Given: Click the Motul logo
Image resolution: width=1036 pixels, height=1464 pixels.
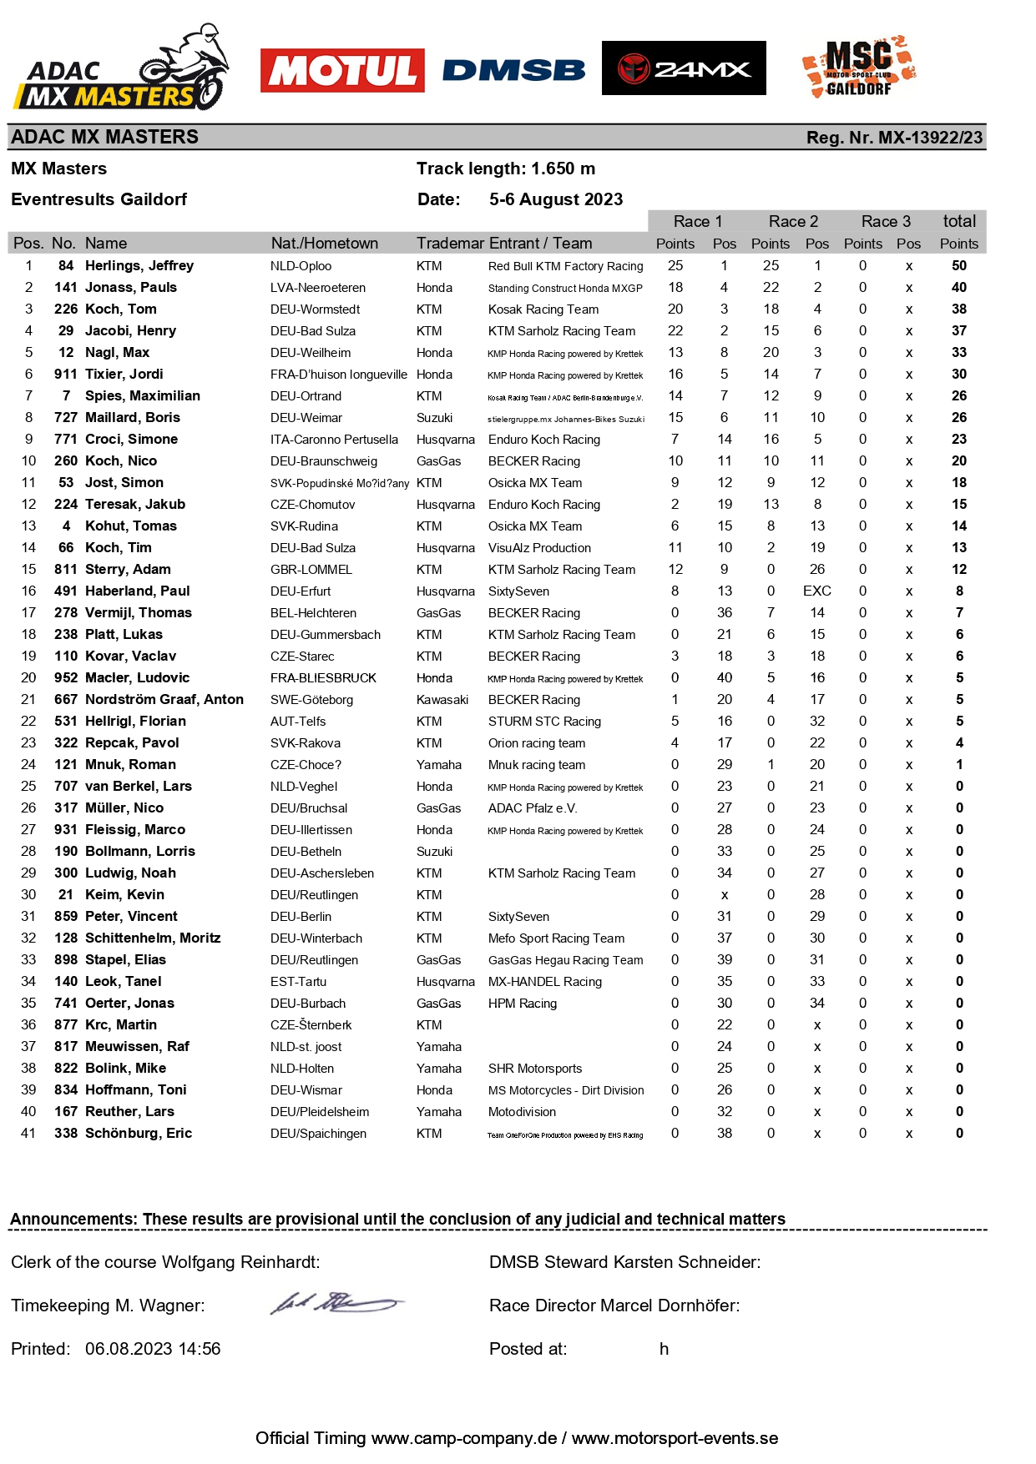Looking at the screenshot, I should (342, 71).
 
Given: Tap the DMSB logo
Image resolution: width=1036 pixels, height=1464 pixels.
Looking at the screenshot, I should (513, 71).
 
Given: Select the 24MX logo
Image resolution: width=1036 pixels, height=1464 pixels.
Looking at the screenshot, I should (684, 68).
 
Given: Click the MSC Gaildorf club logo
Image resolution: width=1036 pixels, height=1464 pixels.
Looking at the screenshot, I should (859, 67).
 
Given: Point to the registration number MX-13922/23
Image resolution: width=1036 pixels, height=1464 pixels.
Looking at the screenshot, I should (894, 138).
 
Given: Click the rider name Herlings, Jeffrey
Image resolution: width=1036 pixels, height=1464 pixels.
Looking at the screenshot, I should (139, 266).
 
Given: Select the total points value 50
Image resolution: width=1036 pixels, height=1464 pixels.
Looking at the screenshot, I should (959, 266).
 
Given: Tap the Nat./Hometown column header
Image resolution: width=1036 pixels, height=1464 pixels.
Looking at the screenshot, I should (324, 244).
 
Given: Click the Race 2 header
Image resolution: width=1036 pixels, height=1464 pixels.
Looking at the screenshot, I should (793, 222).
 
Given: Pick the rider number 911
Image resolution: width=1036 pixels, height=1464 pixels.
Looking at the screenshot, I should (66, 375).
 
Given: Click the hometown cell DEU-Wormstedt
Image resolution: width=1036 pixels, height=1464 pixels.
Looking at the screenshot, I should (315, 309).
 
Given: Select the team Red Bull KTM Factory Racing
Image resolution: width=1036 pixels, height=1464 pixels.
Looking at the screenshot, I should (565, 266).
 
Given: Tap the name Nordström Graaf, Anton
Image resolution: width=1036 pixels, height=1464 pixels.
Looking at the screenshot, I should (164, 700).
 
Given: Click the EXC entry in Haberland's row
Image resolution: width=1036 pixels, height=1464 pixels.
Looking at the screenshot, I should (816, 591).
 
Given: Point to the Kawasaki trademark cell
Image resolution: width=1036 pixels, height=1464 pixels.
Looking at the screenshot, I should (442, 700).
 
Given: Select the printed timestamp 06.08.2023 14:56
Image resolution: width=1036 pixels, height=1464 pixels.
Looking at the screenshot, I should (153, 1349).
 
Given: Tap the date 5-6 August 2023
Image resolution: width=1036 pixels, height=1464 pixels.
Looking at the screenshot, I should (556, 199).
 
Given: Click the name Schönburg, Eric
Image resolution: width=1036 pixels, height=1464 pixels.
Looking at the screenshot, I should (139, 1134).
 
